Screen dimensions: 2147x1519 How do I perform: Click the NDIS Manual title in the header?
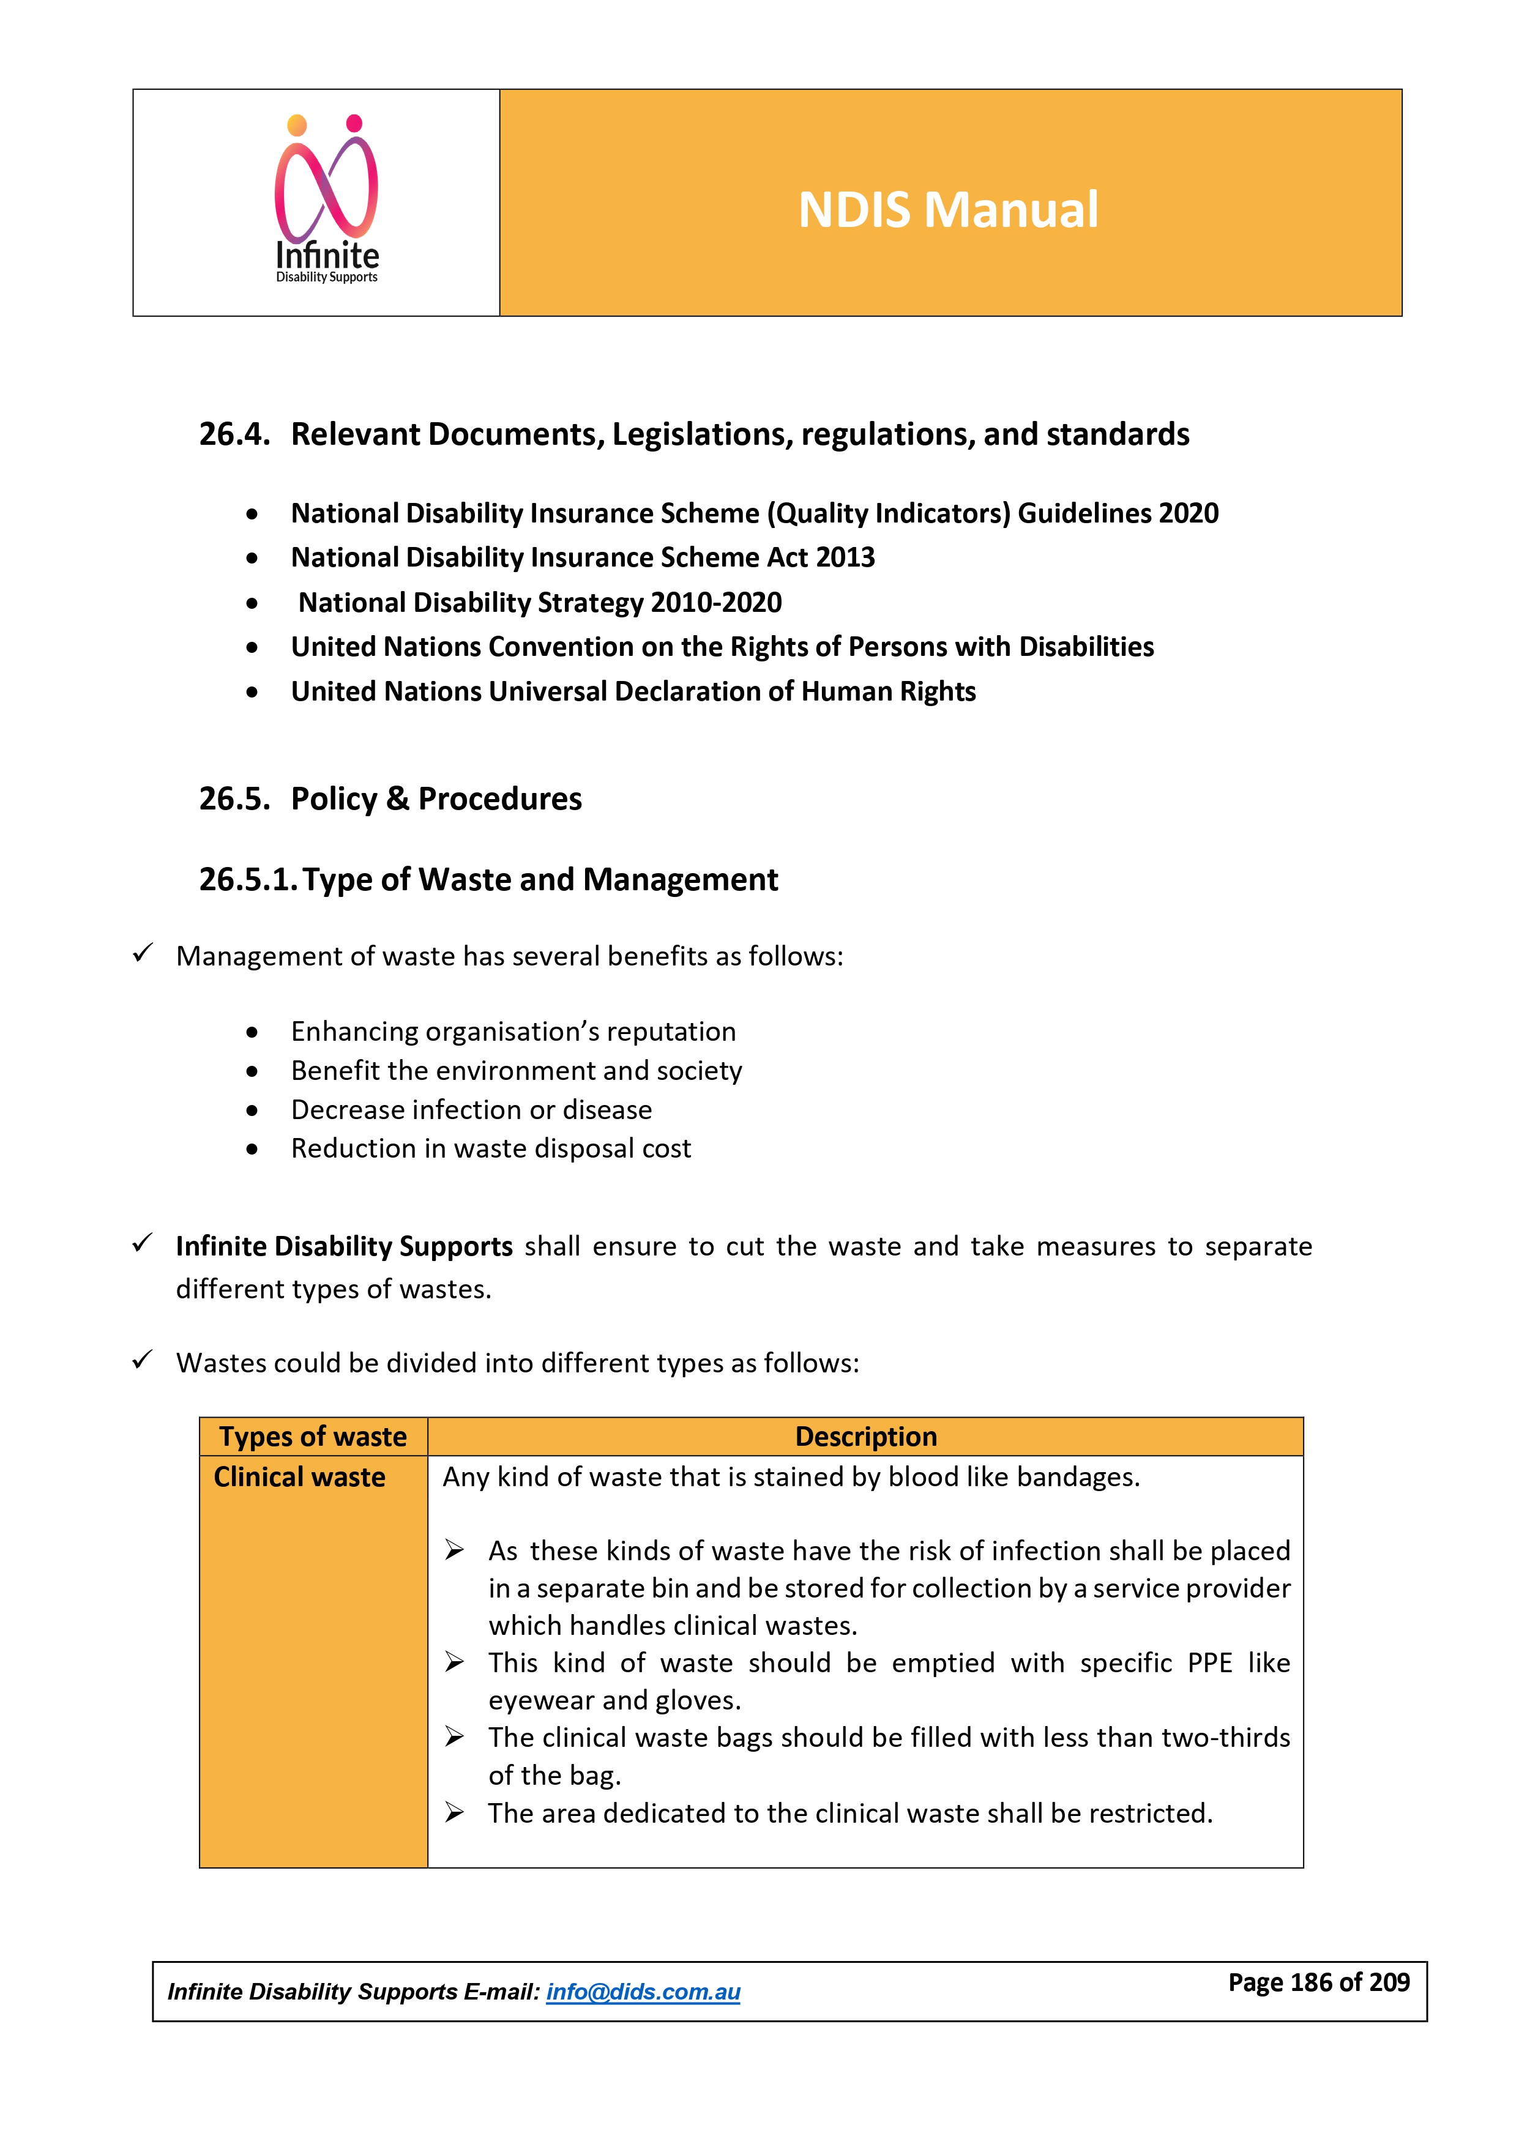click(x=947, y=209)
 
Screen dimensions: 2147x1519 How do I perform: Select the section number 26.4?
click(x=234, y=435)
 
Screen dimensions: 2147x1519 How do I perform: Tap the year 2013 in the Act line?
click(x=845, y=557)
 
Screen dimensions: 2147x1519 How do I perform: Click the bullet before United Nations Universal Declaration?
click(x=252, y=693)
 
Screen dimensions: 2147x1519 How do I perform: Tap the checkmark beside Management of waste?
click(x=142, y=954)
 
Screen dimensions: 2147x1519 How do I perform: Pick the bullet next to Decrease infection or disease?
click(x=252, y=1111)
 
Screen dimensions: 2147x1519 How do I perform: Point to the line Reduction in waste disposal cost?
click(x=491, y=1148)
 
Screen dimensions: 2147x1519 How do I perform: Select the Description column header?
click(x=865, y=1436)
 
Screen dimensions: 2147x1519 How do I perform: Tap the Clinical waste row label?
click(x=299, y=1478)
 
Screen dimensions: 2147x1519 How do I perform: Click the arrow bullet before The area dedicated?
click(x=455, y=1813)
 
